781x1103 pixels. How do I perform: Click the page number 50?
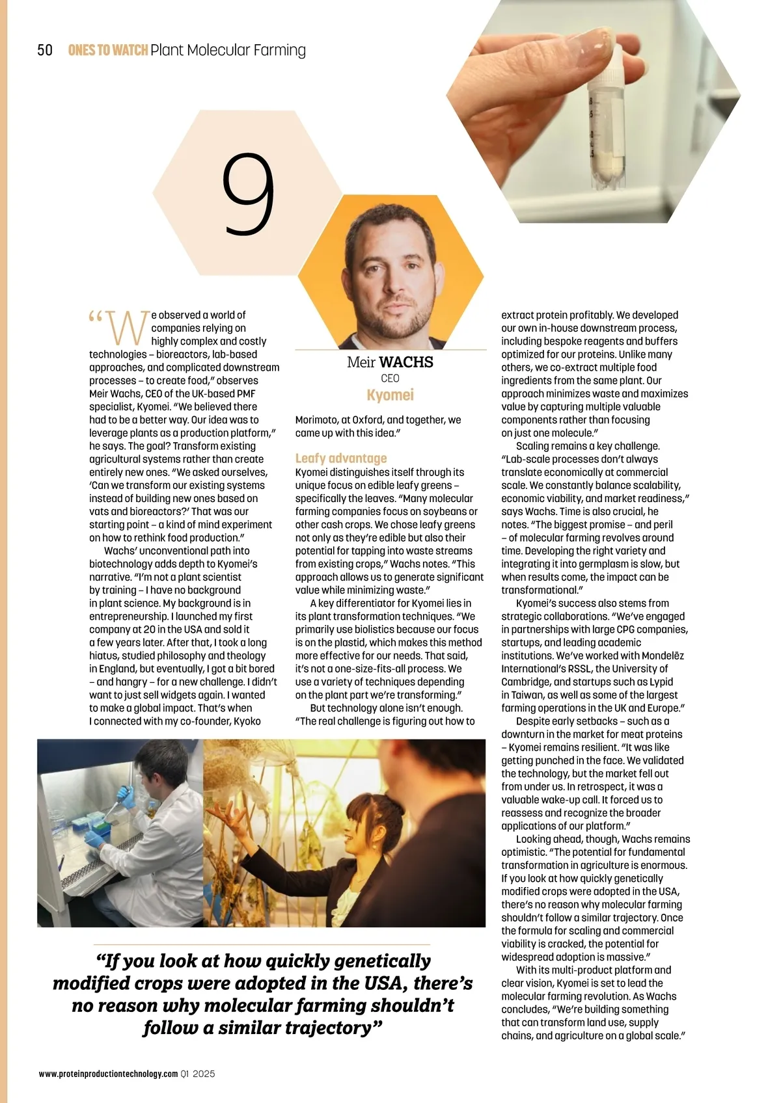point(45,51)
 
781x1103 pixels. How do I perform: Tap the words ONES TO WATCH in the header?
point(108,51)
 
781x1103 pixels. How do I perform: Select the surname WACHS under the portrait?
point(406,362)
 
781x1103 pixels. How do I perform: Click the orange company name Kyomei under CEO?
point(390,395)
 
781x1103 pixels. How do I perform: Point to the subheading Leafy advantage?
point(341,458)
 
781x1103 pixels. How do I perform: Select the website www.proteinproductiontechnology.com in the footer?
point(108,1074)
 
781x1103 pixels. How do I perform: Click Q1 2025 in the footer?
point(199,1074)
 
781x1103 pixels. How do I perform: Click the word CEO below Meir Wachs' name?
point(390,379)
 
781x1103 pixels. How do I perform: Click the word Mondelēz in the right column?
point(663,656)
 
